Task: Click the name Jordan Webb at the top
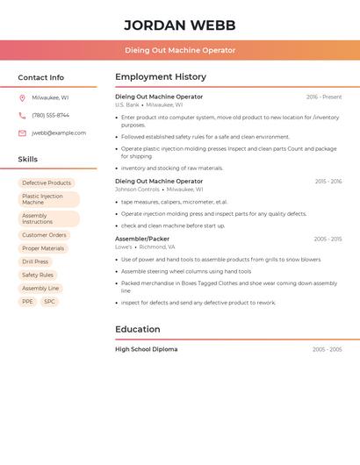point(180,25)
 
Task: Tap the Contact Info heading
point(40,77)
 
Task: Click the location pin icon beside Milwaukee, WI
point(22,98)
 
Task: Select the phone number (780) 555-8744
point(50,115)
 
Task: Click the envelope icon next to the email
point(22,133)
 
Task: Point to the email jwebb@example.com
point(59,133)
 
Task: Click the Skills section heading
point(28,160)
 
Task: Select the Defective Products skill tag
point(47,183)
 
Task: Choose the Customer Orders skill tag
point(44,235)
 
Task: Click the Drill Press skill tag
point(35,261)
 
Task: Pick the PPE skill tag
point(27,301)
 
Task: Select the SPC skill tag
point(49,301)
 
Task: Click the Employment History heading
point(161,77)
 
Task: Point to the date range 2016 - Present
point(324,97)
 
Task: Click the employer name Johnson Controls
point(137,190)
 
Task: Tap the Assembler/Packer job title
point(142,239)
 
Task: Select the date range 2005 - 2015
point(328,239)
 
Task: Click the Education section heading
point(138,330)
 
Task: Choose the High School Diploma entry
point(146,349)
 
